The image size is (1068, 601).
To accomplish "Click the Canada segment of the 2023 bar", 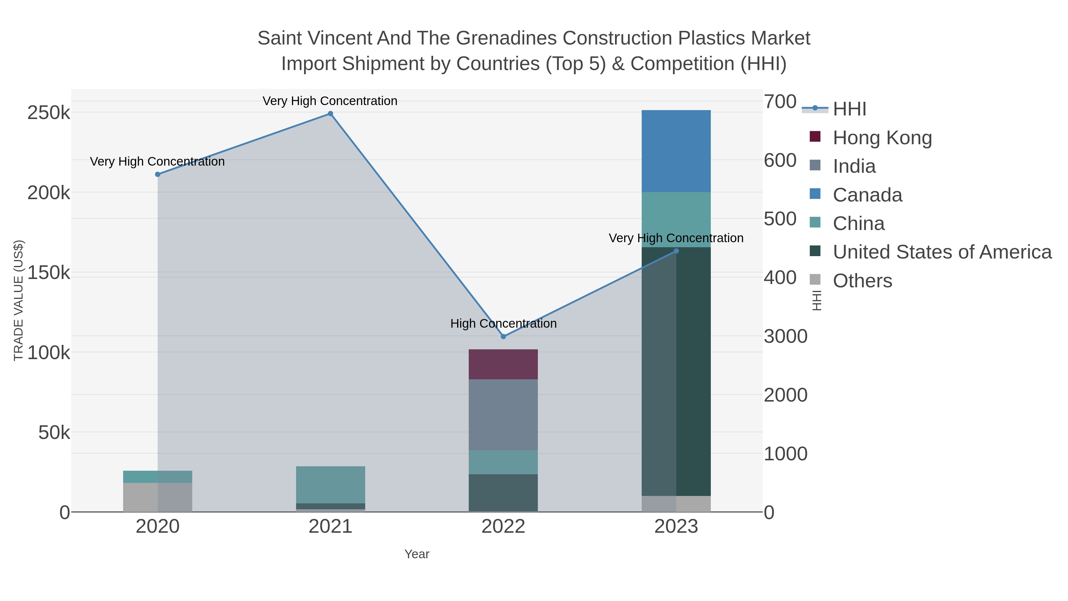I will (676, 151).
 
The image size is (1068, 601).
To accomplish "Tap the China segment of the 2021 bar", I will (330, 484).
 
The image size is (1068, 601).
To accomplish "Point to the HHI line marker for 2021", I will (330, 114).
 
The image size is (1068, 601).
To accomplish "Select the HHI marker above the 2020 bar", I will (158, 174).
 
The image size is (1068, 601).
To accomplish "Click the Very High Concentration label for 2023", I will (676, 238).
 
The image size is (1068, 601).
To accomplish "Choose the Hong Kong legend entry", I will (882, 138).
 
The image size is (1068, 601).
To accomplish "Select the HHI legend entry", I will (849, 109).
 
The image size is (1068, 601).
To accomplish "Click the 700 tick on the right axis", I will (780, 102).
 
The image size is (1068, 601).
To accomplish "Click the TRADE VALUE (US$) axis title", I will (19, 300).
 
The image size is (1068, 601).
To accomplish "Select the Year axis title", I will (417, 554).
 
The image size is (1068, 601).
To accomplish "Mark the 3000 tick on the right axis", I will (785, 336).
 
